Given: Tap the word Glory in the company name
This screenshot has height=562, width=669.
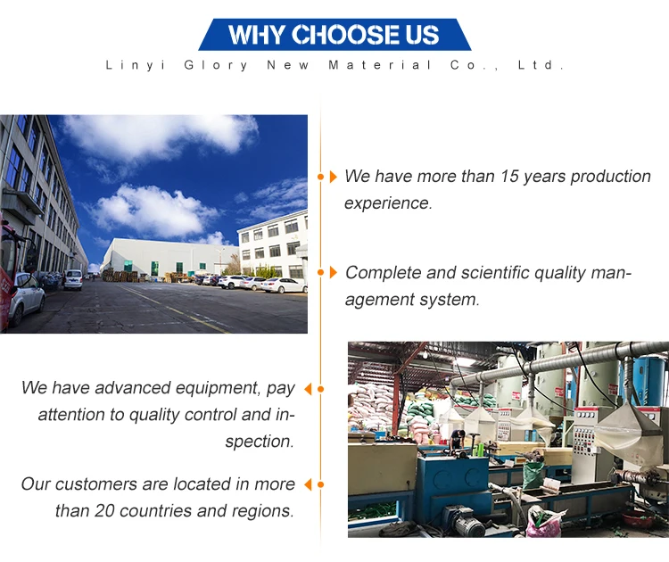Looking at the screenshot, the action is [x=216, y=65].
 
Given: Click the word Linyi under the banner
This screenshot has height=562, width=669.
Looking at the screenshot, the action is [x=136, y=65].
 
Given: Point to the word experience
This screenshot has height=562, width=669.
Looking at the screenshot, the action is [x=388, y=203].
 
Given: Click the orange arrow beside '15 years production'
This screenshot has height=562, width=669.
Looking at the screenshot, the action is [x=334, y=177].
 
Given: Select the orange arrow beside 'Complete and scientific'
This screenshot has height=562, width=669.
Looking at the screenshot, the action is [x=334, y=272].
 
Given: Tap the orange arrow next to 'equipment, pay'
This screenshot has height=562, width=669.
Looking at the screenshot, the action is [x=308, y=389].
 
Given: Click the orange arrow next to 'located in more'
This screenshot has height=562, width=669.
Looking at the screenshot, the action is [x=308, y=484].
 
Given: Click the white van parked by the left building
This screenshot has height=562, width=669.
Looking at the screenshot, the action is [x=73, y=279].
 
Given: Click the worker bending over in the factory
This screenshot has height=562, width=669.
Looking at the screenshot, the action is [x=458, y=440].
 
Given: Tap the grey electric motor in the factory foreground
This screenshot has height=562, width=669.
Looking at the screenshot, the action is [x=462, y=520].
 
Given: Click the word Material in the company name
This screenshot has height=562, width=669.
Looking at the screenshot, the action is [x=380, y=65].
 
